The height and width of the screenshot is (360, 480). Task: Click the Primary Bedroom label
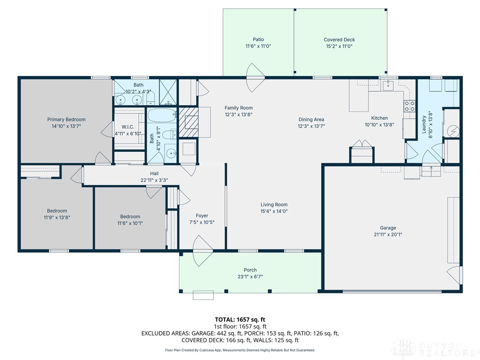click(66, 120)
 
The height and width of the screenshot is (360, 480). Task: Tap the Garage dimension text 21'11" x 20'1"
click(388, 234)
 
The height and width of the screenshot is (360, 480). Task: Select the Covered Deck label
click(339, 39)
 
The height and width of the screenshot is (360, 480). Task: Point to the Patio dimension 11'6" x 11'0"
click(258, 46)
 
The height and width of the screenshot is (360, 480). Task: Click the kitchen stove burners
click(409, 106)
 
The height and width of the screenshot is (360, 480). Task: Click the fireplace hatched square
click(188, 122)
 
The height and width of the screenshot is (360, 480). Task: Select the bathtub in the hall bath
click(162, 116)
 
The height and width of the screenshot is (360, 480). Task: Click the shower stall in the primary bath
click(168, 92)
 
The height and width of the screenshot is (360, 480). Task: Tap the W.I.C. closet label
click(127, 127)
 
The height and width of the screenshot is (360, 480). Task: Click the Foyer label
click(202, 216)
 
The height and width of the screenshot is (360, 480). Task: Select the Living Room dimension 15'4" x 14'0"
click(274, 211)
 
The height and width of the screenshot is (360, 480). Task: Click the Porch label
click(250, 270)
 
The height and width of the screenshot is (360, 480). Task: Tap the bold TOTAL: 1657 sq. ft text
click(240, 320)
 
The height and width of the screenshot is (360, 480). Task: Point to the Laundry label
click(424, 124)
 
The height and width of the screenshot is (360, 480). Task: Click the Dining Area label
click(311, 120)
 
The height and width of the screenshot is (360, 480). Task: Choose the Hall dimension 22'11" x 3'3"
click(154, 180)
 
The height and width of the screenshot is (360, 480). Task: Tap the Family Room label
click(239, 108)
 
